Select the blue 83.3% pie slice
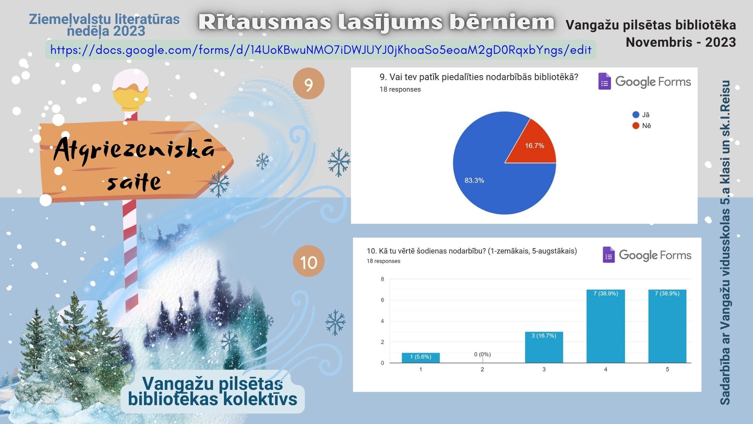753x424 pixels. tap(486, 173)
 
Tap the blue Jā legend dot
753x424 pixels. tap(636, 115)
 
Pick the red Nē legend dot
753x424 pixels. tap(636, 126)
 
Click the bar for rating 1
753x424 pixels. tap(420, 358)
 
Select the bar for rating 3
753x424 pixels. tap(544, 347)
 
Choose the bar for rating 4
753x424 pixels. tap(606, 326)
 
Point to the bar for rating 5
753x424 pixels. tap(667, 326)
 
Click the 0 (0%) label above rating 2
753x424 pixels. tap(482, 354)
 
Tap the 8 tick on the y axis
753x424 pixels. tap(382, 279)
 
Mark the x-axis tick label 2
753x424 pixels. tap(482, 369)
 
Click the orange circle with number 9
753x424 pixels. tap(309, 84)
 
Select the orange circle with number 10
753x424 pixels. tap(309, 261)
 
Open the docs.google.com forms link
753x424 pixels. tap(321, 50)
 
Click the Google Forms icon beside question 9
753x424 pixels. tap(604, 81)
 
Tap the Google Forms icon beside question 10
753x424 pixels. tap(608, 255)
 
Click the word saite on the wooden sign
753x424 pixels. tap(134, 182)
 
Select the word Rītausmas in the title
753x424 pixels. tap(265, 22)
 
